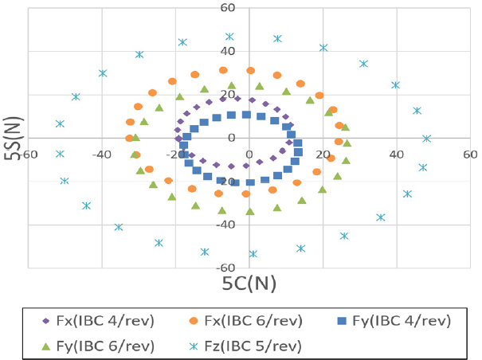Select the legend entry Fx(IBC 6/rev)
tap(257, 321)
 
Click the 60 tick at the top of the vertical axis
tap(249, 9)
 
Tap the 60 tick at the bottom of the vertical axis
tap(249, 268)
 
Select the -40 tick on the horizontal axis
tap(101, 154)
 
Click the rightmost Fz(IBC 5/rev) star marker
tap(426, 139)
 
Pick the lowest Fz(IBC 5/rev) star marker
tap(253, 254)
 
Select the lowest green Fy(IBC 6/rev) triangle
tap(250, 211)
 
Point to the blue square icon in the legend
tap(343, 321)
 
